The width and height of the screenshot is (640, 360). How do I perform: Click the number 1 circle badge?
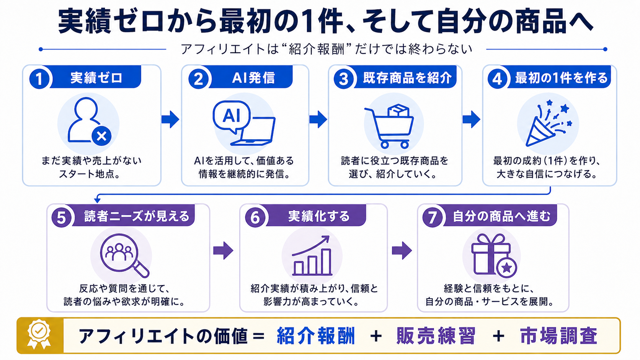tap(39, 78)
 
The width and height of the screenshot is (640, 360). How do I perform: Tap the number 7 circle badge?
tap(432, 217)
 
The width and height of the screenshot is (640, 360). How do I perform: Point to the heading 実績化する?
tap(319, 216)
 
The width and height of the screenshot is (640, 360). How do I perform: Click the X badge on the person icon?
tap(101, 136)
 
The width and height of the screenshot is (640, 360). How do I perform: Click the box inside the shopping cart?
tap(398, 111)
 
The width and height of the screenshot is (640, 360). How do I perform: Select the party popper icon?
tap(549, 123)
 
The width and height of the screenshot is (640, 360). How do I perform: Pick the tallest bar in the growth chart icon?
tap(326, 262)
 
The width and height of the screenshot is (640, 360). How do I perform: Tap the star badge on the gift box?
tap(506, 267)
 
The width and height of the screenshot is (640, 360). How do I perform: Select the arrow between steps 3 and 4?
tap(471, 119)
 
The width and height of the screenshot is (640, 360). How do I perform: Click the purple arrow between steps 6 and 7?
tap(402, 251)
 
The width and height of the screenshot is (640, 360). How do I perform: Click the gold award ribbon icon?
tap(39, 334)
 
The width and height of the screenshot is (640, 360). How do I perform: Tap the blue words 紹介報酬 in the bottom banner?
tap(316, 336)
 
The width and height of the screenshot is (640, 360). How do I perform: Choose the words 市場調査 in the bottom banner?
tap(558, 336)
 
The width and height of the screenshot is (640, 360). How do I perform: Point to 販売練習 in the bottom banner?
tap(436, 336)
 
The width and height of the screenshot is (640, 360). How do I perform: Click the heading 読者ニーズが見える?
tap(137, 216)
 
